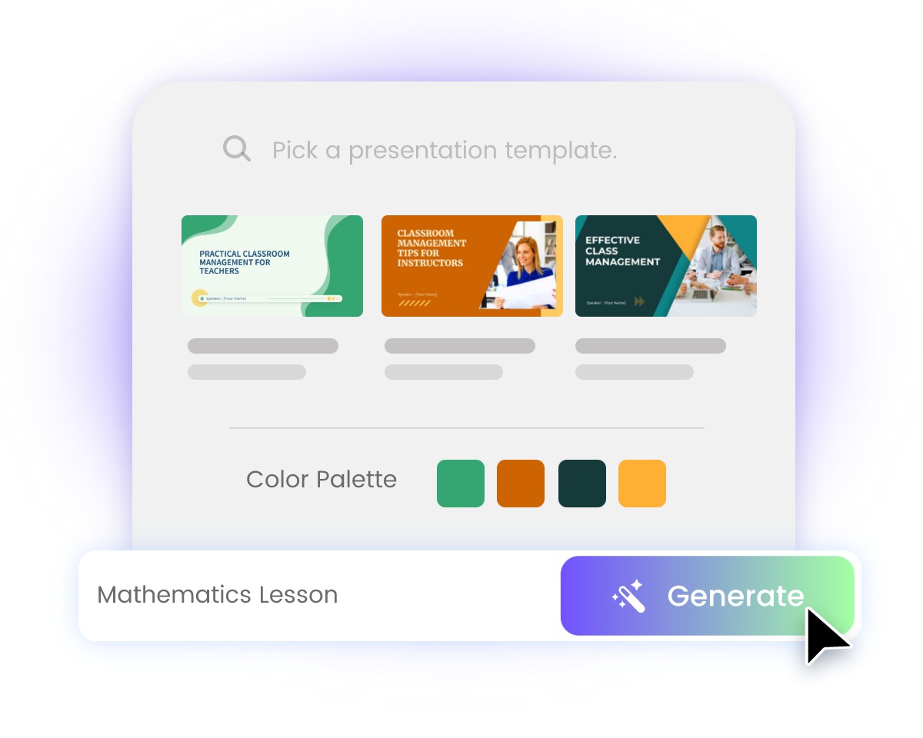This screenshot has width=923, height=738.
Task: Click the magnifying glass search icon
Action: [236, 148]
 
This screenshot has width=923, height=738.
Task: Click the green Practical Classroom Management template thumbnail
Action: [272, 266]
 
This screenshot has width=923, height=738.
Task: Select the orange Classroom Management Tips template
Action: [471, 266]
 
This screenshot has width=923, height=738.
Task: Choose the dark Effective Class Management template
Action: [665, 266]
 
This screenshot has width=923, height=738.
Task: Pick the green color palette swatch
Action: [460, 484]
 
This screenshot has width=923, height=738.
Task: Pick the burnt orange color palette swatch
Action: [521, 484]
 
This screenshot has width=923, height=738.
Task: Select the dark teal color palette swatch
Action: [582, 484]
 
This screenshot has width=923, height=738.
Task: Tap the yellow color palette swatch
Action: [642, 484]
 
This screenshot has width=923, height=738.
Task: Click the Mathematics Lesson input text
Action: [218, 595]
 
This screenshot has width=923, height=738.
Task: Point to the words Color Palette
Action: [322, 480]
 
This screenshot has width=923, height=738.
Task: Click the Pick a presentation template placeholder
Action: [445, 150]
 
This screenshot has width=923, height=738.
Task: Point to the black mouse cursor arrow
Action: [825, 634]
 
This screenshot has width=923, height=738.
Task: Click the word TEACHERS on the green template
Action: [219, 271]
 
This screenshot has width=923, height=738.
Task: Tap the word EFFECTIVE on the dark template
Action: [612, 240]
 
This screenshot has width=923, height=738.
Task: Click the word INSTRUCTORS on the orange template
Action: [430, 263]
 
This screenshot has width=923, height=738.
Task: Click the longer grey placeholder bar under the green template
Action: [263, 346]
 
